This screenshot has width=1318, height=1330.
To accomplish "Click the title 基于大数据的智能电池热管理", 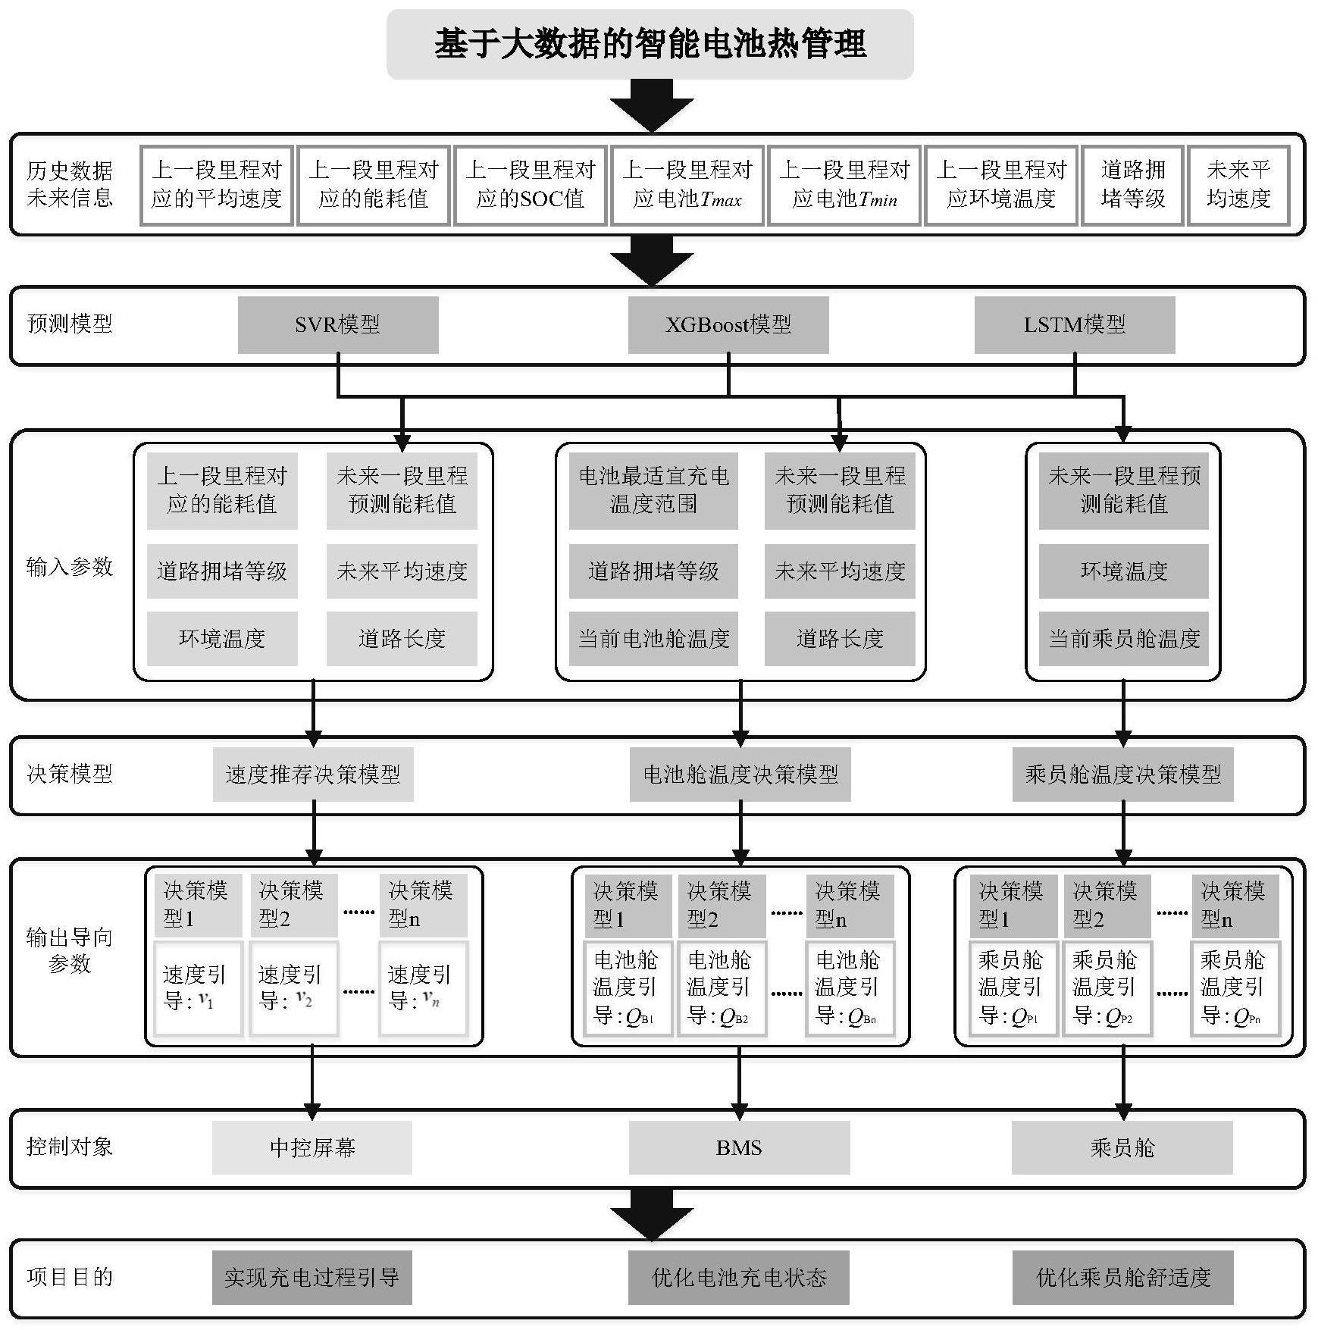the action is pos(650,44).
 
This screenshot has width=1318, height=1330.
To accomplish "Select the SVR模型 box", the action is pos(338,324).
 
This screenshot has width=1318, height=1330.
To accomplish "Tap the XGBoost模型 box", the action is pos(728,324).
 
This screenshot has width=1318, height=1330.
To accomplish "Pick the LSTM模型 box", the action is pos(1074,324).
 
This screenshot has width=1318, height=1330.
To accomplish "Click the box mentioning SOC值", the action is pos(530,185).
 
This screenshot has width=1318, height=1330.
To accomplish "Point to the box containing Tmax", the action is pos(687,185).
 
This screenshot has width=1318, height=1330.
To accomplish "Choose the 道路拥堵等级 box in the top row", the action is pos(1132,185).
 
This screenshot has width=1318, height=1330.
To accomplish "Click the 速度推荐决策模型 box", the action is pos(313,774).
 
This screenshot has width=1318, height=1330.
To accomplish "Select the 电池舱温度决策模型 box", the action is pos(740,774).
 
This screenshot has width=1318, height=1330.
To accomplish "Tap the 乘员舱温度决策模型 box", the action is pos(1122,774).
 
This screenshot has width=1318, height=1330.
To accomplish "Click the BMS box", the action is pos(739,1147).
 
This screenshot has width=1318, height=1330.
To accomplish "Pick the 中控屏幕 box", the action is pos(312,1147).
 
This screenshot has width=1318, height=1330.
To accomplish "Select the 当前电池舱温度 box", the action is pos(653,638).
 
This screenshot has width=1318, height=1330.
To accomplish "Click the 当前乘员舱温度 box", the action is pos(1123,638).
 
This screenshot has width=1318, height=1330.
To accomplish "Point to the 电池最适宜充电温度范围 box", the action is pos(653,490).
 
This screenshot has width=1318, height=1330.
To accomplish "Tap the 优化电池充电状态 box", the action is pos(739,1277).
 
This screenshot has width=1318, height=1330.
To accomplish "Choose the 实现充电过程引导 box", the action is pos(312,1277).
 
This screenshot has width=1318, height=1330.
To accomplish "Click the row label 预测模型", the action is pos(70,324).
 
